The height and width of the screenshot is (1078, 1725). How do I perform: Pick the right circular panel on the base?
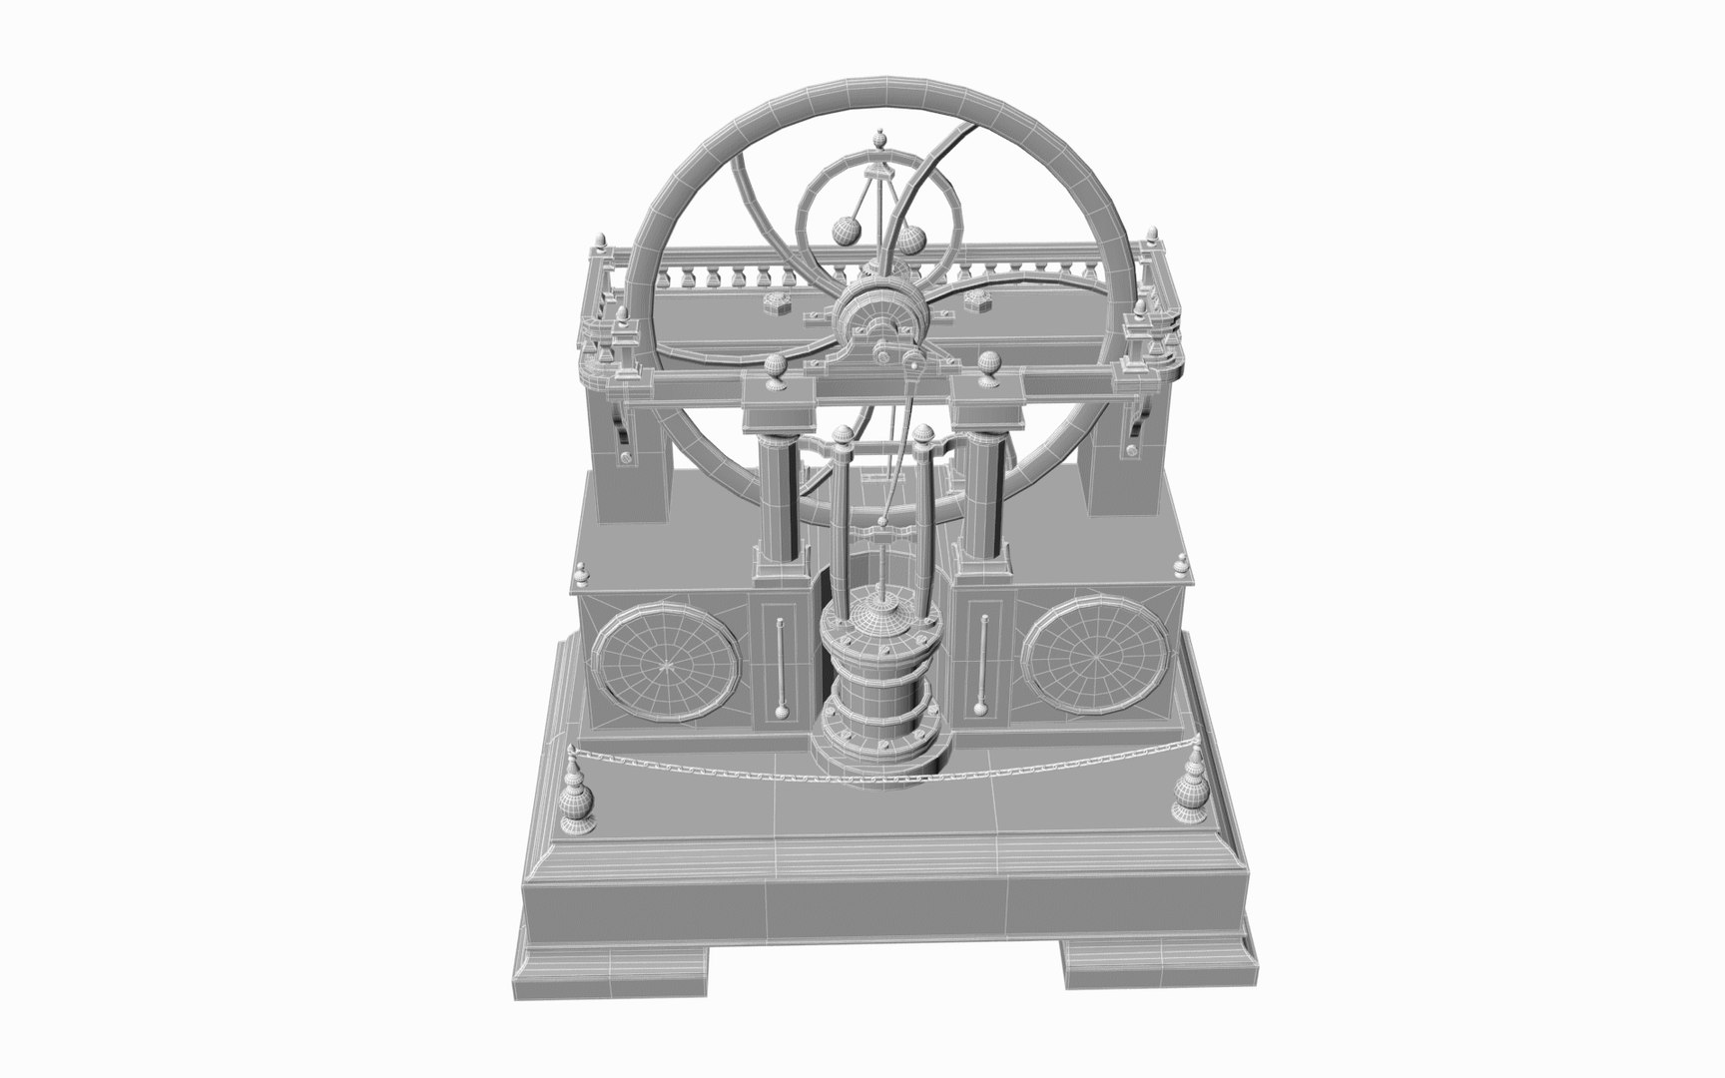[x=1096, y=654]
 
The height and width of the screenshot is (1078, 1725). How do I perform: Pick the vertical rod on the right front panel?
[x=983, y=664]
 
